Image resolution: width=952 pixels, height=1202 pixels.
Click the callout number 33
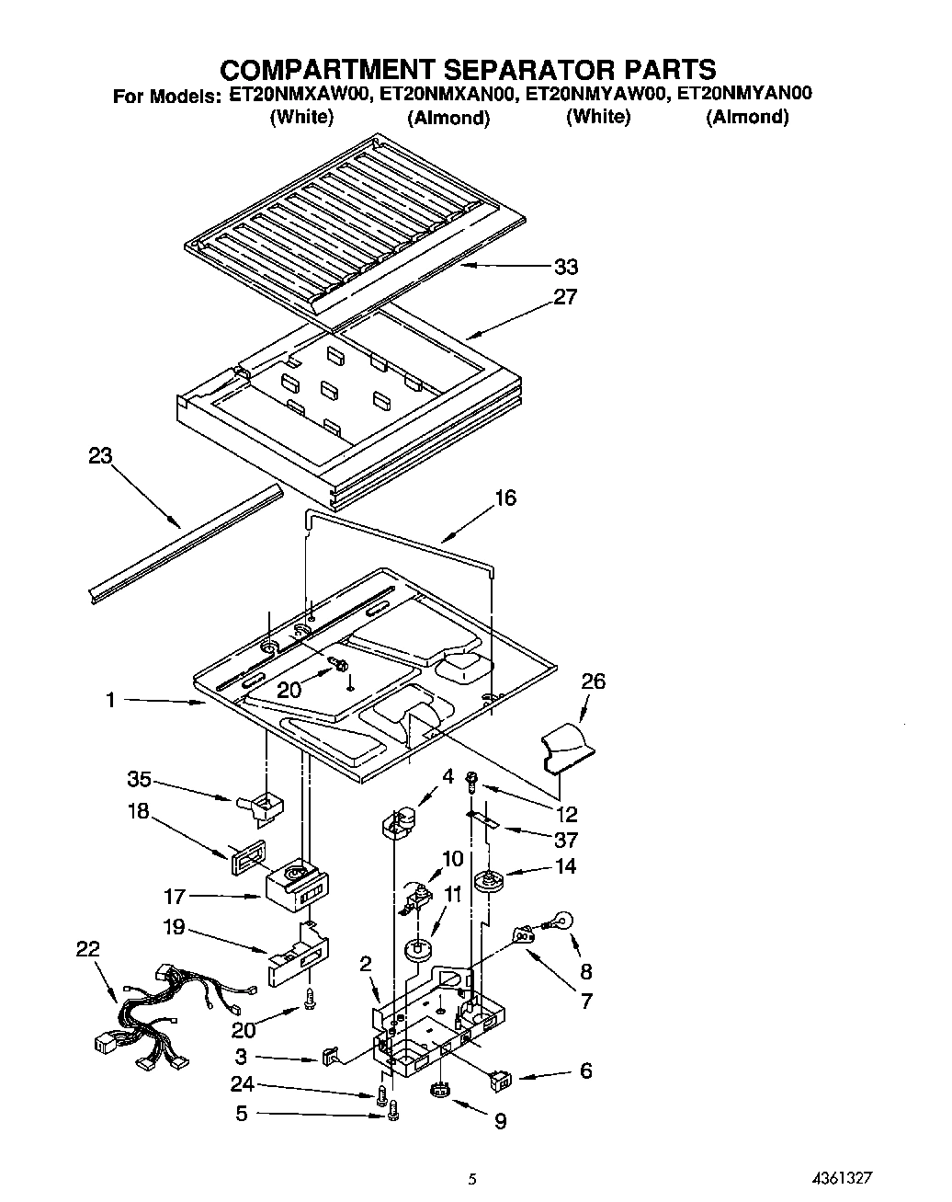(x=565, y=267)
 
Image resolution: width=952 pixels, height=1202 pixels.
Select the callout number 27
(x=565, y=296)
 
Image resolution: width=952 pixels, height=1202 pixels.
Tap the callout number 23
(x=100, y=456)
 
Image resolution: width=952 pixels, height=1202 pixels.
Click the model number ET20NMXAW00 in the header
(x=299, y=93)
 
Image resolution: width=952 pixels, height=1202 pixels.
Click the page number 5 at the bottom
(x=471, y=1178)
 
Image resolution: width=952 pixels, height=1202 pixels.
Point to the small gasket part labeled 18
(x=245, y=852)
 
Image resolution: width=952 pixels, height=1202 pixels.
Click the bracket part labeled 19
(x=299, y=961)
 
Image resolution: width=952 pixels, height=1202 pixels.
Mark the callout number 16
(x=505, y=498)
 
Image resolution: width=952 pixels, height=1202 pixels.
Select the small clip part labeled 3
(x=330, y=1055)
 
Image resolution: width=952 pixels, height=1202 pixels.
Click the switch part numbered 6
(x=504, y=1078)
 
